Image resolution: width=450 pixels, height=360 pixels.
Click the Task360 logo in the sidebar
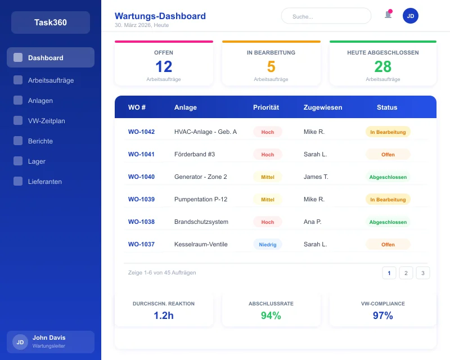[51, 22]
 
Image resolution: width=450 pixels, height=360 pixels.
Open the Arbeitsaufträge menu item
[51, 80]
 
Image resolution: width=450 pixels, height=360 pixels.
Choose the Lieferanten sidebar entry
[45, 182]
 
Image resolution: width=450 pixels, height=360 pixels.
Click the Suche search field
[326, 16]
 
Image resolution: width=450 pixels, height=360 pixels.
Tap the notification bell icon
[388, 15]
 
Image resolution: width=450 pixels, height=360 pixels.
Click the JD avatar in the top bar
[411, 16]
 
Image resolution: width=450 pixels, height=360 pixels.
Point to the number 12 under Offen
[164, 67]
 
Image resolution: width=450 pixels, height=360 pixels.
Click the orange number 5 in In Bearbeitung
[271, 67]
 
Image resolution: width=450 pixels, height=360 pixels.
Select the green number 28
[383, 67]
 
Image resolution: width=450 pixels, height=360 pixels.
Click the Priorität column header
[266, 107]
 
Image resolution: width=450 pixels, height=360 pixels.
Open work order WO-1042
[141, 132]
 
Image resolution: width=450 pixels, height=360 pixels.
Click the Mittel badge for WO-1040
[268, 177]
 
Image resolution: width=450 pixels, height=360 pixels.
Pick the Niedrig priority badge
[268, 245]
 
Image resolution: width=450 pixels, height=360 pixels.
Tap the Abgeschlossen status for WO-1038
[388, 222]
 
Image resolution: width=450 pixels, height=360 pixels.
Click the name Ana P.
[312, 222]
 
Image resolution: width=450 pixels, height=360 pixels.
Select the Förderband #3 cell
[195, 154]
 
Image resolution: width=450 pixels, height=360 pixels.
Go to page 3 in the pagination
[423, 273]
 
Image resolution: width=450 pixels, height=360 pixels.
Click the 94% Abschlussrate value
[271, 316]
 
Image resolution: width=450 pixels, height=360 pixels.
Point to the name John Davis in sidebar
[49, 337]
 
